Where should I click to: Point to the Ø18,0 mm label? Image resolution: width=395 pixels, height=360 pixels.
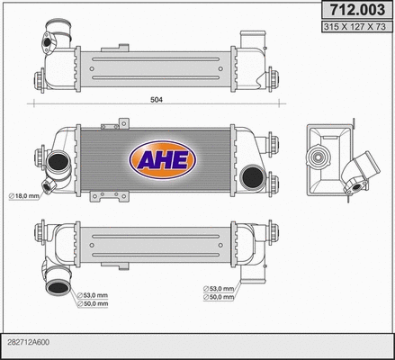[x=23, y=195]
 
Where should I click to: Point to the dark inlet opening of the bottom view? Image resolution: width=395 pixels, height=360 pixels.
[x=57, y=289]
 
